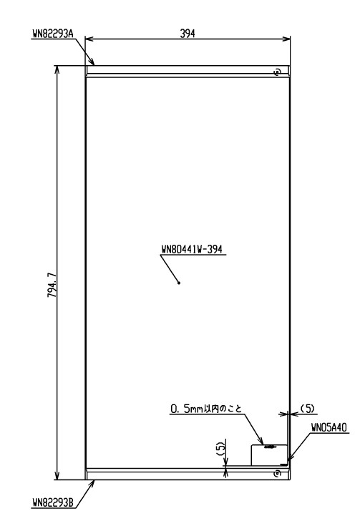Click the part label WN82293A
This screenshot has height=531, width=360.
pos(53,34)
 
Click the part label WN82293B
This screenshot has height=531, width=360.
pos(53,502)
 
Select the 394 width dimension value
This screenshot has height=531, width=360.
pos(188,33)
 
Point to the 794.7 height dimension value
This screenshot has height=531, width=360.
pos(52,284)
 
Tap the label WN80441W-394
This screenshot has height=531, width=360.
pos(192,249)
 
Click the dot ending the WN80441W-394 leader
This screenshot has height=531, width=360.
pos(179,283)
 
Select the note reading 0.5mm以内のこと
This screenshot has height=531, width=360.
pos(206,409)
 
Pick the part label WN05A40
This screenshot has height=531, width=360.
pos(329,428)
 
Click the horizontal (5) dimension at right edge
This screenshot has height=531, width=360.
pos(308,409)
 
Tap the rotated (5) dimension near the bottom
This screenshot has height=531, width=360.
pos(220,449)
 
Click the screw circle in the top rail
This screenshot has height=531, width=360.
pos(278,72)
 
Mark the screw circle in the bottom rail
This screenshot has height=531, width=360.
pos(278,473)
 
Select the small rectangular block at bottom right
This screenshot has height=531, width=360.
pos(269,455)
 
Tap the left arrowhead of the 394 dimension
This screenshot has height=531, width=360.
pos(89,39)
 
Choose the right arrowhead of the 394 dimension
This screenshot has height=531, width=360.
pos(286,39)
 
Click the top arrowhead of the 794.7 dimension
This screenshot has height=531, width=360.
pos(57,69)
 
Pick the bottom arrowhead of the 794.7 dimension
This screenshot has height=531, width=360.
pos(57,475)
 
